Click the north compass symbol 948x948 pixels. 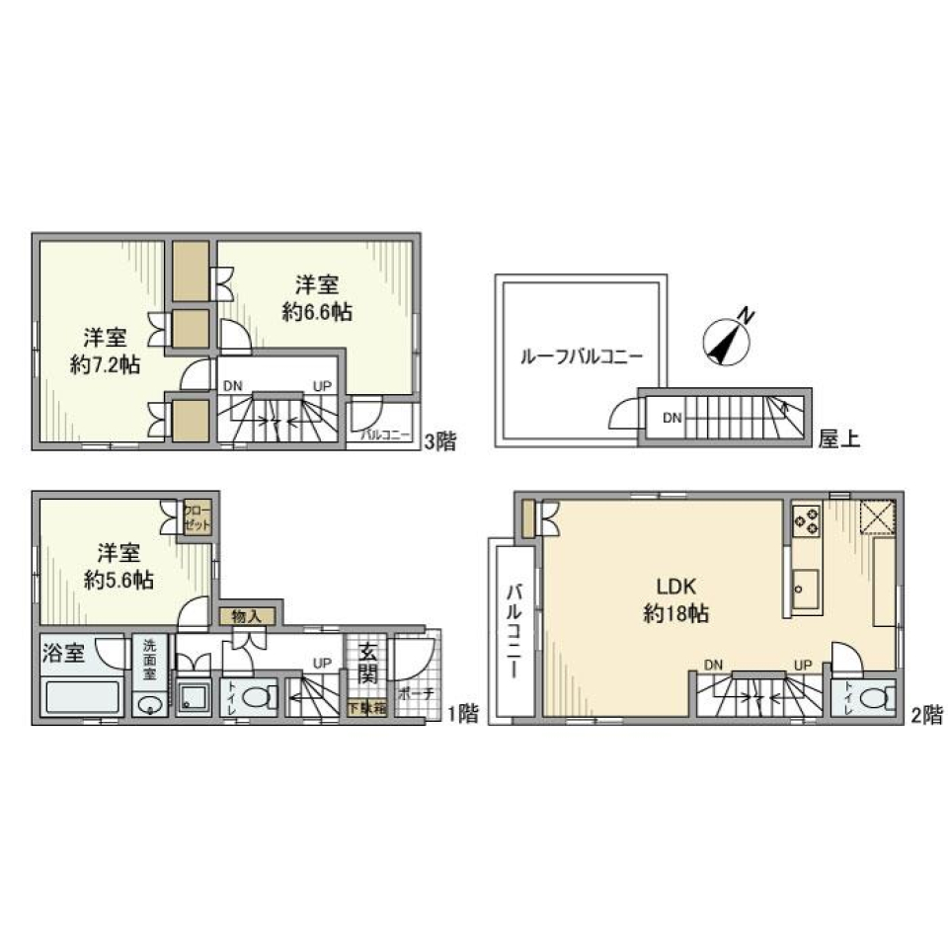pos(729,340)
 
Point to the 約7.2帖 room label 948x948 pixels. pos(104,351)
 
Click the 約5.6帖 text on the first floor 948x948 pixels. pos(118,566)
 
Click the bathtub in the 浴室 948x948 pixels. pos(83,699)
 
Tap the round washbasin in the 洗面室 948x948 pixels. pos(149,704)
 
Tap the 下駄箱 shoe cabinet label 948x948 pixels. pos(366,707)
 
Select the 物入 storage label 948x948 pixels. pos(246,616)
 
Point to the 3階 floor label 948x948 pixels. pos(439,441)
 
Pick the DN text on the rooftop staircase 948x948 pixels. pos(671,418)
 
